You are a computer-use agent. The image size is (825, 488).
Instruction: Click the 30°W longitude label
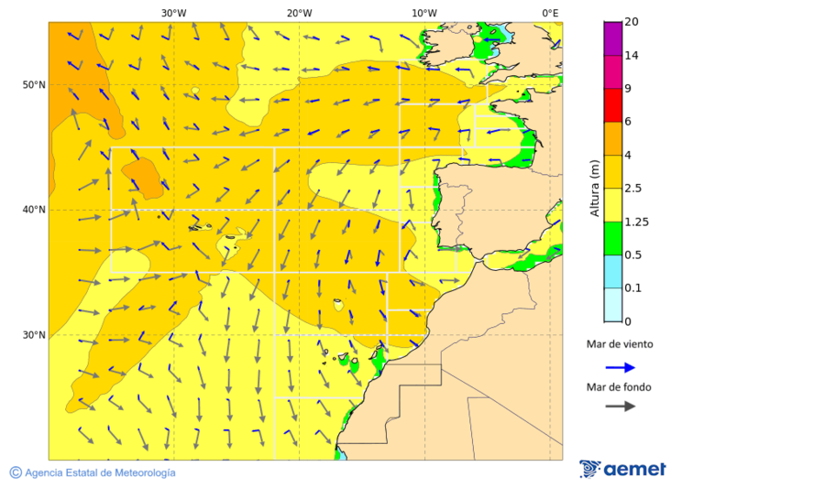coord(173,13)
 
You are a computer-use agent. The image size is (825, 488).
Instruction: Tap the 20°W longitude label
coord(299,13)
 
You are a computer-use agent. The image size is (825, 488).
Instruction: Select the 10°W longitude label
coord(423,13)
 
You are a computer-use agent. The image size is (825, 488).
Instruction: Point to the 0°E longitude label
coord(550,13)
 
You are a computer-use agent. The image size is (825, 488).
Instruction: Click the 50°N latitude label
coord(34,85)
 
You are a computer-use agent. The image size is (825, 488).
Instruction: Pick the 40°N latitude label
coord(34,210)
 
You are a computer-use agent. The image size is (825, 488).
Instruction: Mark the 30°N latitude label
coord(34,335)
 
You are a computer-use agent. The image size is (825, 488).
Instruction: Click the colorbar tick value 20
coord(631,22)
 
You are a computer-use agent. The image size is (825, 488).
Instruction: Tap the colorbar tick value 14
coord(631,55)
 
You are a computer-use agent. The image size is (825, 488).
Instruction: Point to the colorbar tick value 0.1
coord(632,287)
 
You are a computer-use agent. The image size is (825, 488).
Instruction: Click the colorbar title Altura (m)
coord(594,187)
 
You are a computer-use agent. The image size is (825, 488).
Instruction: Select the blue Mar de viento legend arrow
coord(620,367)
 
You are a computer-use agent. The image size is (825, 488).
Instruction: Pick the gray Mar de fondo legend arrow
coord(620,406)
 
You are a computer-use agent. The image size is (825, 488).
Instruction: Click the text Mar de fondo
coord(619,387)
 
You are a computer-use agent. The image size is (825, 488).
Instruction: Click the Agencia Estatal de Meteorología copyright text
coord(99,472)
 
